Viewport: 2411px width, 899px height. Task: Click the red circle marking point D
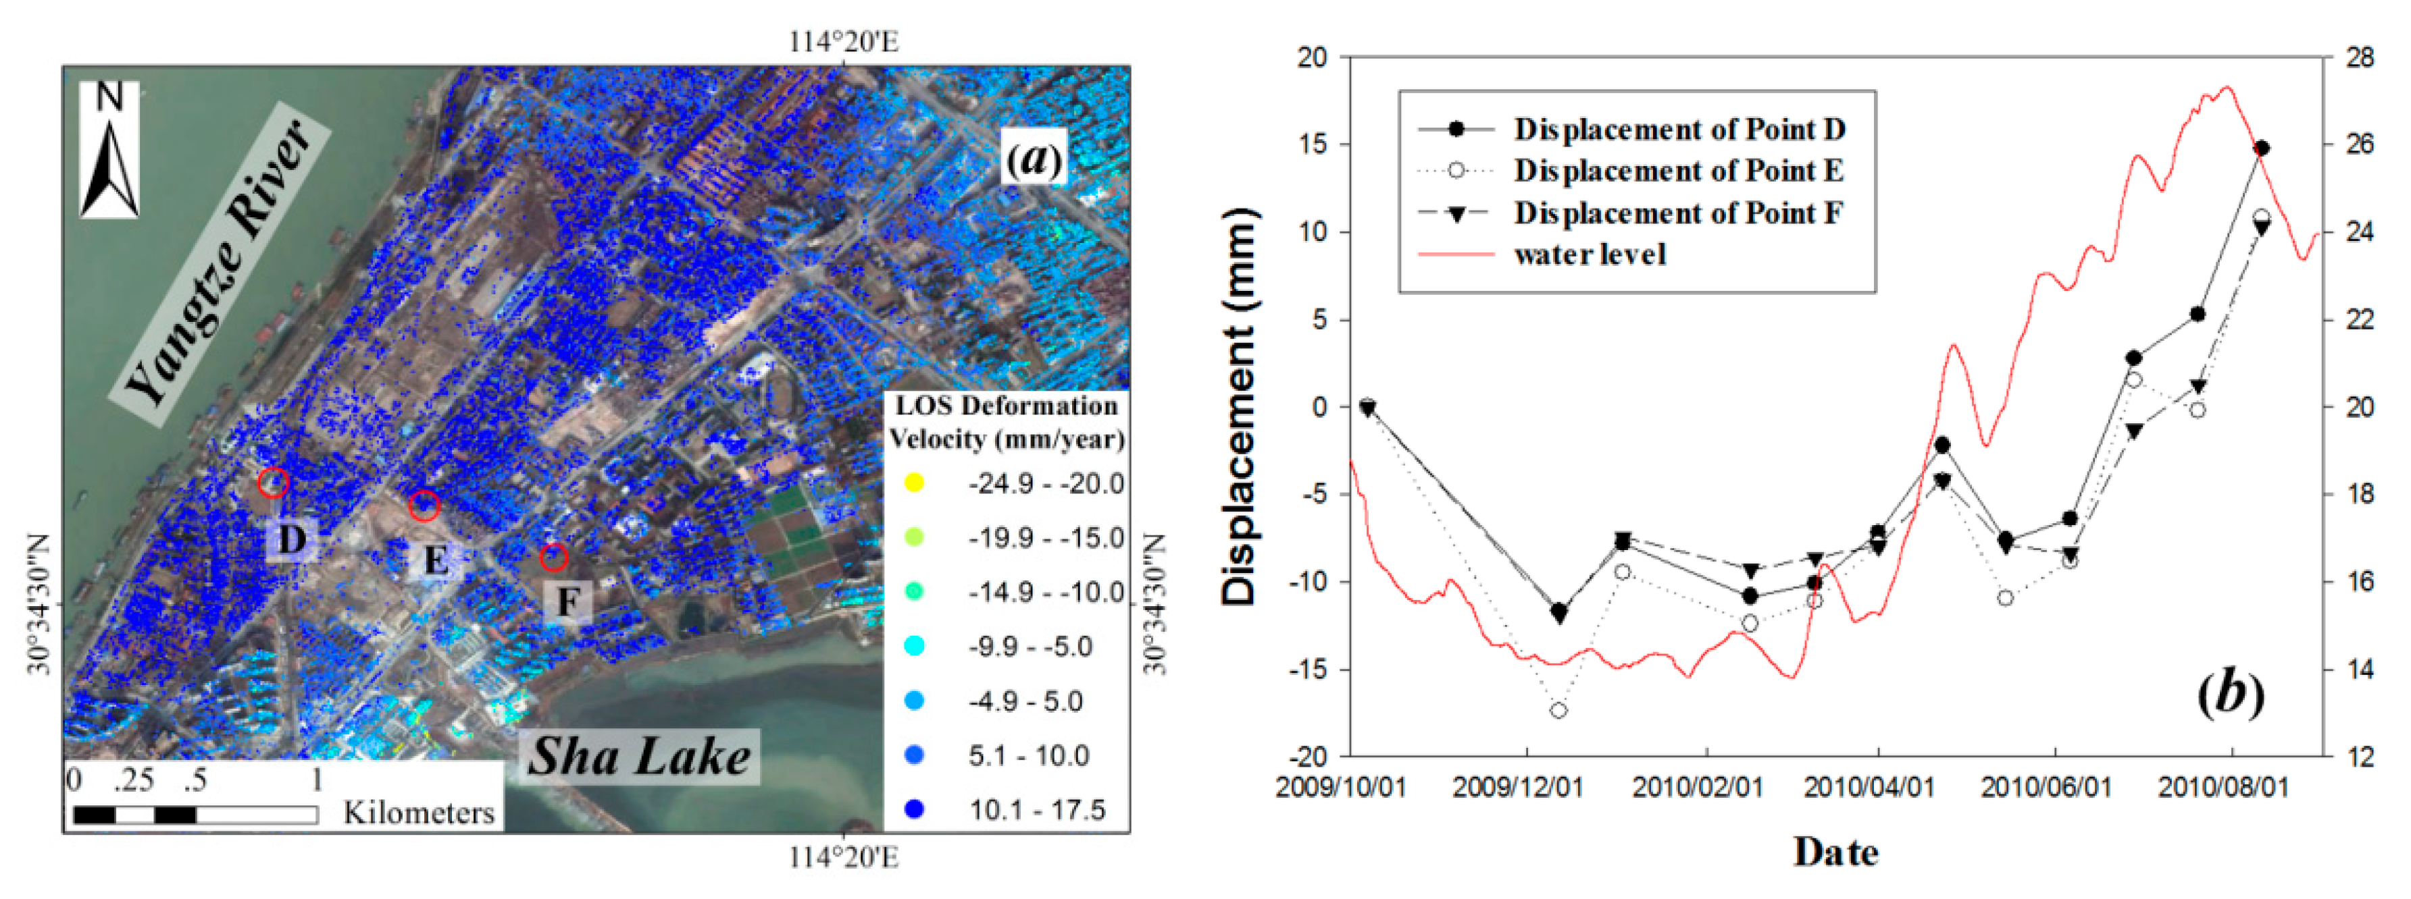coord(274,483)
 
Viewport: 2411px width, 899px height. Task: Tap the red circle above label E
coord(424,505)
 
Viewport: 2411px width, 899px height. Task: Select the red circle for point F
coord(554,557)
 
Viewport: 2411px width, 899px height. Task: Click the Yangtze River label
coord(218,265)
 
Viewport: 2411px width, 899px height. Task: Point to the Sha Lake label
coord(639,756)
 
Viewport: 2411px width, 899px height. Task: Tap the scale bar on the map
coord(195,815)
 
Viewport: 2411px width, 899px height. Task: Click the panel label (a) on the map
coord(1034,159)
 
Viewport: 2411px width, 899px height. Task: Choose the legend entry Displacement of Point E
coord(1678,171)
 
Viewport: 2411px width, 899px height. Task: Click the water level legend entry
coord(1590,254)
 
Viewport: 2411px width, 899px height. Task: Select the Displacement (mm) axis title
coord(1238,406)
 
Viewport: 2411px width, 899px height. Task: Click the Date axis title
coord(1835,852)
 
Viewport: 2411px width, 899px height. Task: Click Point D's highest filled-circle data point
coord(2261,148)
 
